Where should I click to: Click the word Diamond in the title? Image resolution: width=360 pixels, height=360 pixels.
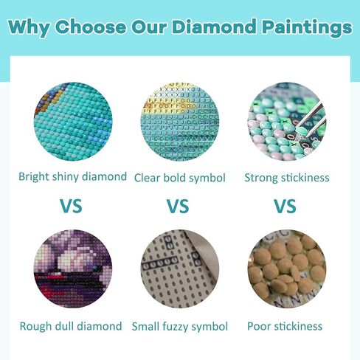[214, 27]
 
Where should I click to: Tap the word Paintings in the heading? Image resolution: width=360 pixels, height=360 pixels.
[307, 27]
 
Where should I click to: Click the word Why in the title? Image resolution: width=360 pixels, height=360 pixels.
[30, 27]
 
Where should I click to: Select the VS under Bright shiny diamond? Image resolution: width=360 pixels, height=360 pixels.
[71, 206]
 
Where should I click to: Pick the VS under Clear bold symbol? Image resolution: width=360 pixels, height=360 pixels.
[178, 206]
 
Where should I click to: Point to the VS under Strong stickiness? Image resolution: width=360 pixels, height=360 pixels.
[285, 206]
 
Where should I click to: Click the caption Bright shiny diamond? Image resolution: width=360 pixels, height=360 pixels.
[72, 177]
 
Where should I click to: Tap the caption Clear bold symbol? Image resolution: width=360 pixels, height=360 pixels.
[180, 178]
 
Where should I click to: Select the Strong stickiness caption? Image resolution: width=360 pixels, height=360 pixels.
[287, 178]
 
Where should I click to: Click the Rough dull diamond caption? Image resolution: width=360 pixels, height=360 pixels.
[71, 326]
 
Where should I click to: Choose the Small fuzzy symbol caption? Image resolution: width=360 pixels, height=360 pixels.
[180, 327]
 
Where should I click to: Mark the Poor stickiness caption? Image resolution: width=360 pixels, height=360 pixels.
[285, 326]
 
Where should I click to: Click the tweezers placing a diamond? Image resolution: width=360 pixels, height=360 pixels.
[312, 119]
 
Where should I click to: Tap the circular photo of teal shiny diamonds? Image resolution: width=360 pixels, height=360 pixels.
[73, 122]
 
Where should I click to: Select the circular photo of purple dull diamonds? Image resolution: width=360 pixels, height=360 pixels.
[73, 269]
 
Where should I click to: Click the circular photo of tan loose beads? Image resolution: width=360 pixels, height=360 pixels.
[287, 269]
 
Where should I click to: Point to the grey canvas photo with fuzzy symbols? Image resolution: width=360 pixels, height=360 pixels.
[180, 269]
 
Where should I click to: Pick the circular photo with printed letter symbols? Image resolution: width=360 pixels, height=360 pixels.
[180, 122]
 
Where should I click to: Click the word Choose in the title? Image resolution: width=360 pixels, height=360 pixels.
[91, 27]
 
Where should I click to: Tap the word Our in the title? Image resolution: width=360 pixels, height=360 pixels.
[149, 27]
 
